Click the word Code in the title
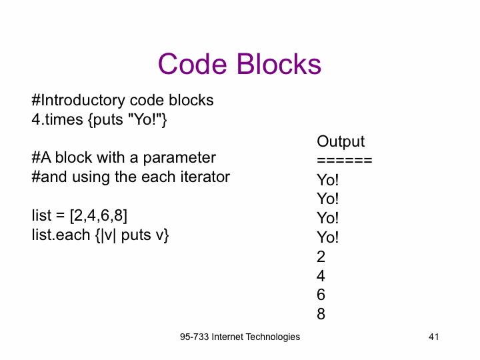point(192,64)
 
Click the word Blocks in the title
point(279,64)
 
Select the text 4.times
point(57,119)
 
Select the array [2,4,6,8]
point(98,216)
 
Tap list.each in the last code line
point(61,235)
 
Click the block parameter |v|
point(109,235)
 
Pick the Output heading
point(341,141)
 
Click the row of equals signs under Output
point(345,161)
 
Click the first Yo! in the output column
point(327,180)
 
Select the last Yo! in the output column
point(327,237)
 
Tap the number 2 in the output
point(321,257)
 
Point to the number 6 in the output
point(321,295)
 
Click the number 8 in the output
point(321,314)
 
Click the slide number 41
point(434,337)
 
